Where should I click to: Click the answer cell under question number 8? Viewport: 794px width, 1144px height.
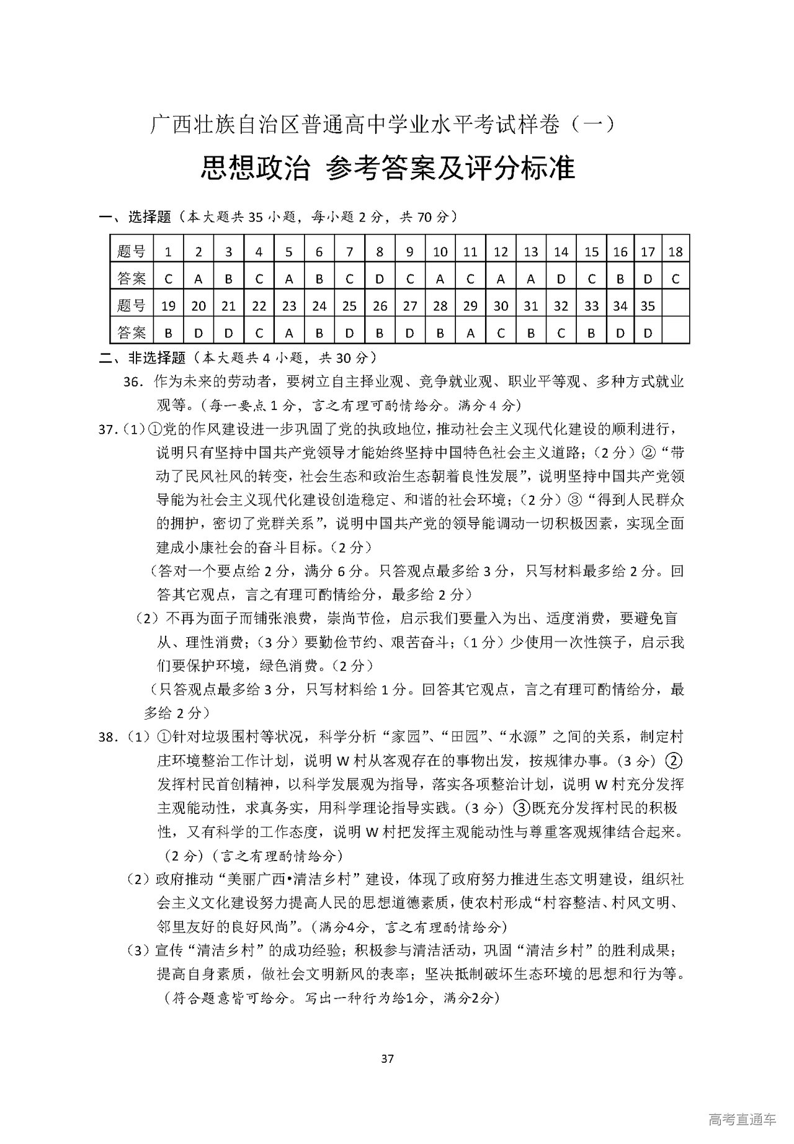380,279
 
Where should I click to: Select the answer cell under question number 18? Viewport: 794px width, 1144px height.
676,279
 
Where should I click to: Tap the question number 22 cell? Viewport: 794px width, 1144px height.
259,306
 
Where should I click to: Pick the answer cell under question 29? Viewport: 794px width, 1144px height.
471,333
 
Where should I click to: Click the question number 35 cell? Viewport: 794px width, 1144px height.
648,306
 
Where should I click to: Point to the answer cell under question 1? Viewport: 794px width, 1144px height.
168,279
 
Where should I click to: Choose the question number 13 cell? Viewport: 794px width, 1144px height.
531,252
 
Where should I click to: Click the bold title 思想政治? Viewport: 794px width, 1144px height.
254,168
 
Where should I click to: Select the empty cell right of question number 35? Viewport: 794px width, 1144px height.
676,306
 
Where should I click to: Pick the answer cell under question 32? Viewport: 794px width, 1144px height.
561,333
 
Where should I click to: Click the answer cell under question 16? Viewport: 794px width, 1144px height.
620,279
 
